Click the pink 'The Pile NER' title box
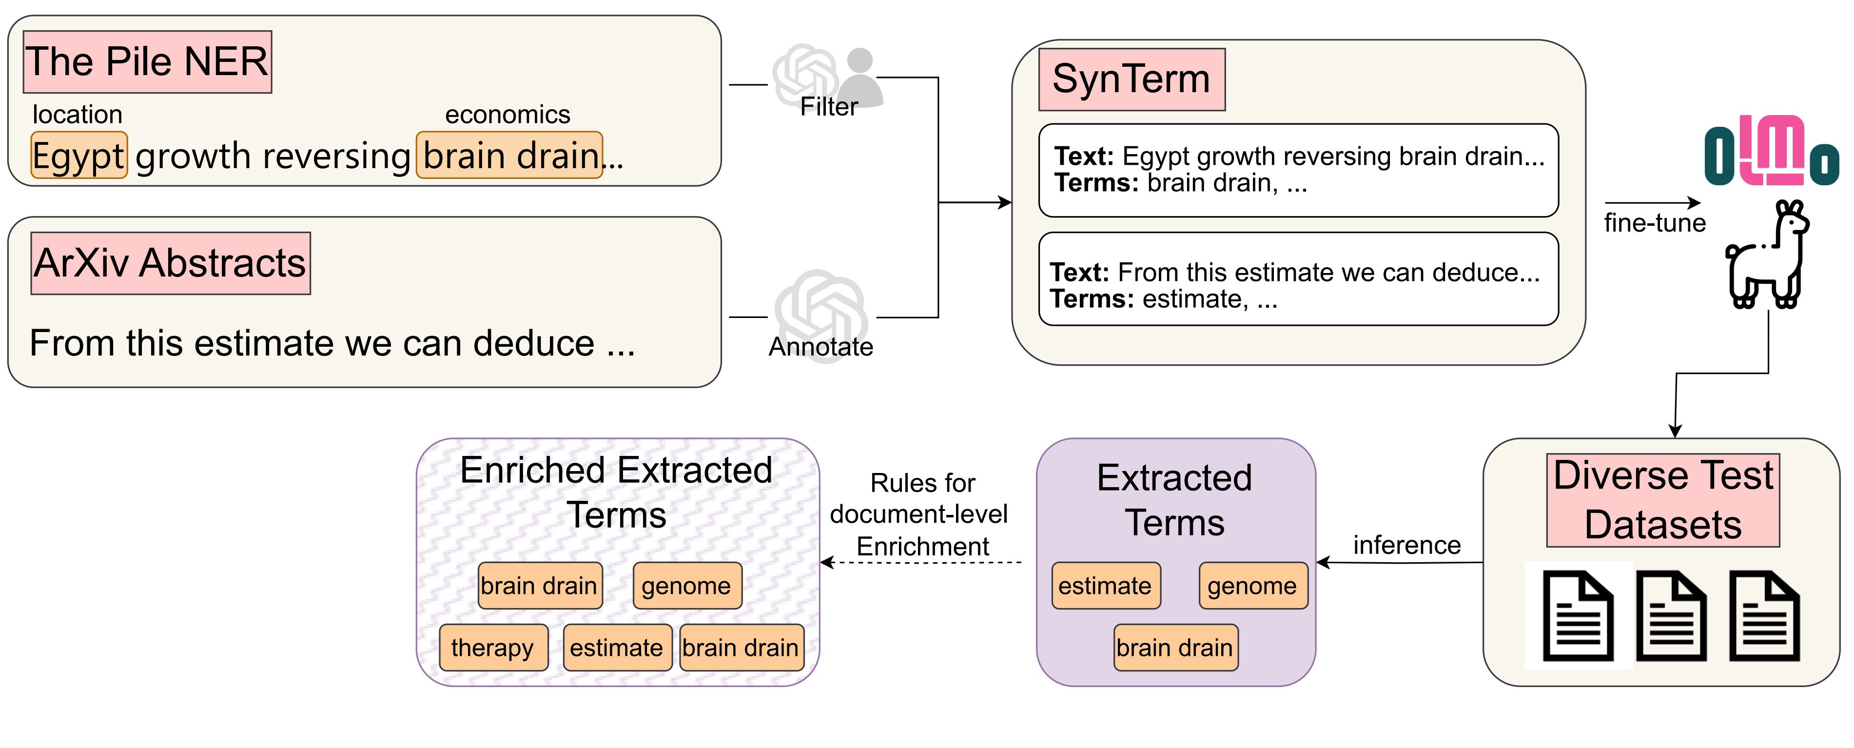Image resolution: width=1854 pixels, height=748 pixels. pos(148,62)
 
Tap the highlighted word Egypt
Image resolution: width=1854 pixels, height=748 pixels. pos(79,155)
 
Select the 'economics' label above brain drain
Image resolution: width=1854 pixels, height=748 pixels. pos(507,115)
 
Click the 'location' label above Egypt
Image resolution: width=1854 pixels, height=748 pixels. pos(78,115)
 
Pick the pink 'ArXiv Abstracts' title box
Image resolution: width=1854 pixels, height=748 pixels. pos(171,263)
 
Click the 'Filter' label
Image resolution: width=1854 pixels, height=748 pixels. pos(829,107)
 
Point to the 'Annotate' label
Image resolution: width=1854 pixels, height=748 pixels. pos(821,347)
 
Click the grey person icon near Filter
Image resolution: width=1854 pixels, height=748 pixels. pos(862,77)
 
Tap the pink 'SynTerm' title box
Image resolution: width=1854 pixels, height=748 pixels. pos(1132,79)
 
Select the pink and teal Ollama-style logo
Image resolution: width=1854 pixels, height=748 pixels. pos(1771,151)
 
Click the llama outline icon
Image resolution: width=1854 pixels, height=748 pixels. pos(1767,254)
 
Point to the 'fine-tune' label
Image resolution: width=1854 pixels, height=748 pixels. pos(1655,223)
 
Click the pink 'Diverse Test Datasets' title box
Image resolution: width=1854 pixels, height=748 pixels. pos(1663,500)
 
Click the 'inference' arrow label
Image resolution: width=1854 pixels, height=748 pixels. pos(1407,545)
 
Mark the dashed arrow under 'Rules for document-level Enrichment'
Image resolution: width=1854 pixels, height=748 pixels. pos(921,562)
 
